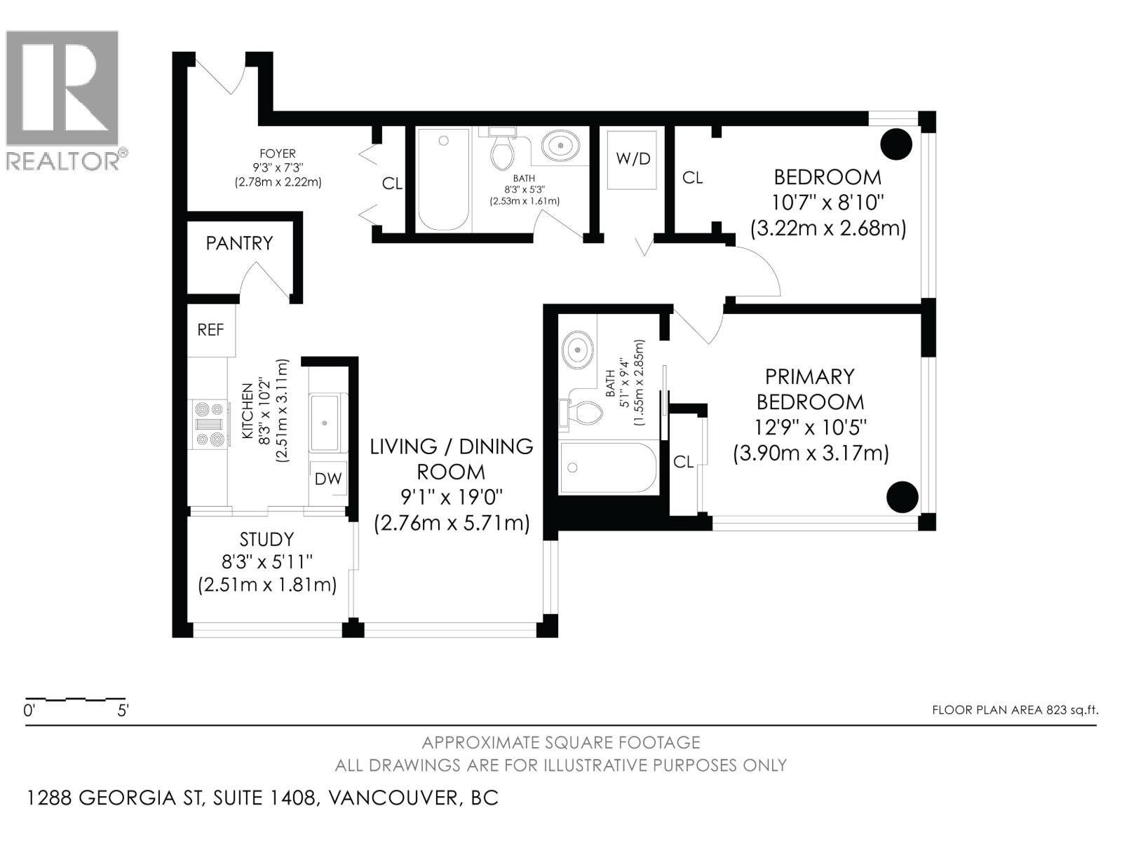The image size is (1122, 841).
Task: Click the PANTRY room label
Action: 239,243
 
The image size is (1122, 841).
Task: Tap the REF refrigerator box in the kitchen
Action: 210,329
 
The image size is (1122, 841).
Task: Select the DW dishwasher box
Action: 327,479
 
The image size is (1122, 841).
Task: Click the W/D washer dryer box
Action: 633,159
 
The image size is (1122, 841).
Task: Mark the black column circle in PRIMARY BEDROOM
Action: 902,497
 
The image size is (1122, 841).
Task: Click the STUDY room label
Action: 266,539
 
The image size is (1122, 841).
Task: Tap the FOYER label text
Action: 278,153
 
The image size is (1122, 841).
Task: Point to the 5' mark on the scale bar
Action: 123,711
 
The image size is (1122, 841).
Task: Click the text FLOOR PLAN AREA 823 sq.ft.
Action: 1014,710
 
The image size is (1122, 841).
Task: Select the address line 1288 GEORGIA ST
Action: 262,798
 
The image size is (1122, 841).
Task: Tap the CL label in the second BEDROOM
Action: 692,178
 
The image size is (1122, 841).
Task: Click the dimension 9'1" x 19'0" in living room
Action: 452,498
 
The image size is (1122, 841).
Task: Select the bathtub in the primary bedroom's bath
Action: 608,467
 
